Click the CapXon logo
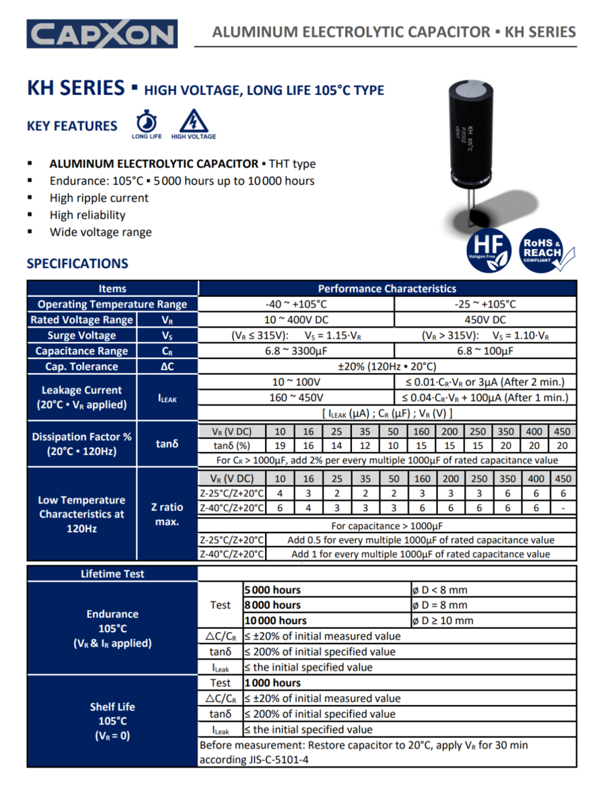pos(102,34)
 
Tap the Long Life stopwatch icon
pos(147,123)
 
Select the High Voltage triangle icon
pos(194,121)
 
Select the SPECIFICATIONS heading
pos(77,264)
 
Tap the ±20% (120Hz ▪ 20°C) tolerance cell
pos(387,366)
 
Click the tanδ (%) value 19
pos(280,446)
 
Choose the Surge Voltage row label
pos(81,335)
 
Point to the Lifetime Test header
pos(112,574)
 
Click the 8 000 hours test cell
pos(273,605)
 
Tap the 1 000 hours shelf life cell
pos(273,683)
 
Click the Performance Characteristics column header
pos(387,288)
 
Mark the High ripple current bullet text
pos(99,198)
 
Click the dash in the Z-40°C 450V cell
pos(563,508)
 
